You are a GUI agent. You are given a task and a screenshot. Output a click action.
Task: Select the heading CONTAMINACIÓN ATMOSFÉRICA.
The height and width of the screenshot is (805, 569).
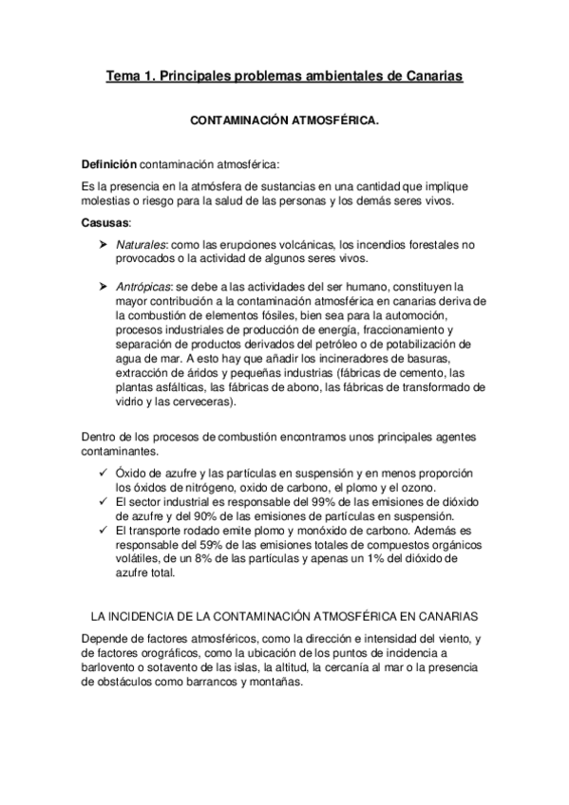285,122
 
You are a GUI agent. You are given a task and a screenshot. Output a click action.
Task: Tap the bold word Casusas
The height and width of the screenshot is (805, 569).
107,222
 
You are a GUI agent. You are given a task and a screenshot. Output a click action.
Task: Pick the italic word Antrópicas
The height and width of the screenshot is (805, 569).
142,285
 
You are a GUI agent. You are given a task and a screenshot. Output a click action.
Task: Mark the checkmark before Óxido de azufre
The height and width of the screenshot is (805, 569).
103,473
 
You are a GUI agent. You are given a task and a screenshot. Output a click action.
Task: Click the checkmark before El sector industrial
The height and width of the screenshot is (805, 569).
103,501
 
